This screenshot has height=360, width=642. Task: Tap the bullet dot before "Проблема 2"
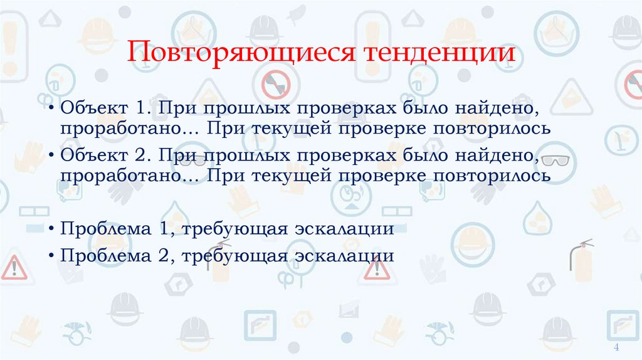tap(50, 256)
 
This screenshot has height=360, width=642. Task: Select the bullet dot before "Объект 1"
tap(50, 109)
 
